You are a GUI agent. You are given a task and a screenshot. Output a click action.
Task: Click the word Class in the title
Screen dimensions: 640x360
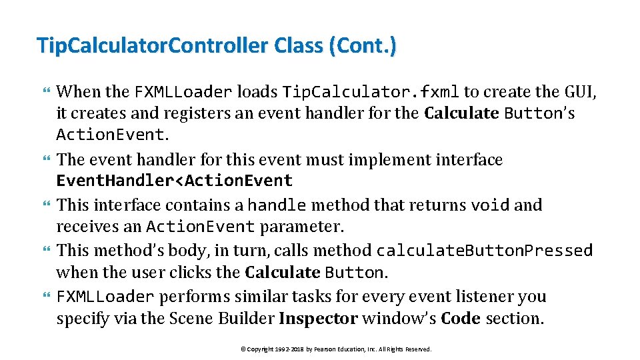(297, 46)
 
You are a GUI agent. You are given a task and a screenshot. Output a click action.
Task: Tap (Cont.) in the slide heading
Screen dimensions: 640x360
(362, 46)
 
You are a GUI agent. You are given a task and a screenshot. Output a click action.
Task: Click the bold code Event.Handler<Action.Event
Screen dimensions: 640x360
(175, 181)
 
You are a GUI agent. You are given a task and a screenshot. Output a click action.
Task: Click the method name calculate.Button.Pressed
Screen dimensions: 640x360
(485, 251)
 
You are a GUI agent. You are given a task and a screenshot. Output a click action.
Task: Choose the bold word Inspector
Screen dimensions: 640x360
(318, 319)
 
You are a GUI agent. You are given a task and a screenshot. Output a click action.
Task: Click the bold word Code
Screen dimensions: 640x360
(461, 319)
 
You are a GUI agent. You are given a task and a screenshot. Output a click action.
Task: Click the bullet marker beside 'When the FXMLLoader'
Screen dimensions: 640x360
(46, 91)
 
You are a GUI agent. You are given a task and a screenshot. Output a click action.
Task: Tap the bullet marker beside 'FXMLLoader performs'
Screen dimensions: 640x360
(46, 297)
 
